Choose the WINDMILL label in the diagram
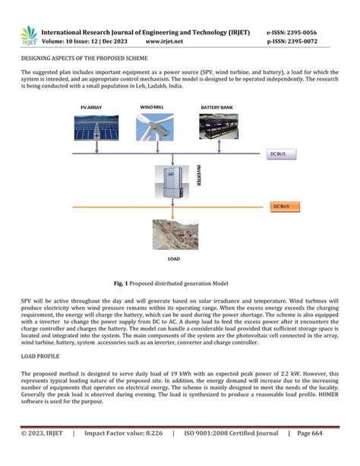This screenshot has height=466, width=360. tap(153, 107)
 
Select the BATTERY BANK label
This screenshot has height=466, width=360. tap(216, 107)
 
